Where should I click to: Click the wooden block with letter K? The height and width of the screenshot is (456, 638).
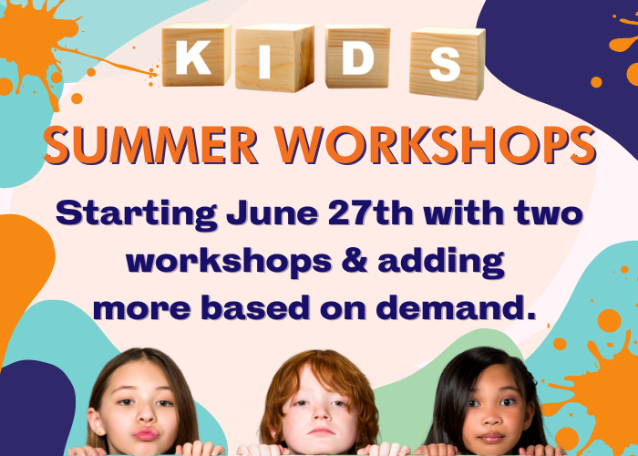click(x=196, y=55)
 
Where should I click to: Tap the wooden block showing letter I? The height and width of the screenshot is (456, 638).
click(x=274, y=58)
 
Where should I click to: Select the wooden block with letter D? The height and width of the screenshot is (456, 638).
click(x=357, y=57)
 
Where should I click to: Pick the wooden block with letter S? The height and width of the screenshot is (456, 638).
click(x=448, y=63)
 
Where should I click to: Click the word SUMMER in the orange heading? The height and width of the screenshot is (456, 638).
click(x=151, y=145)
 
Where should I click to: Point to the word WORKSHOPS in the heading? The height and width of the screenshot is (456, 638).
click(x=436, y=145)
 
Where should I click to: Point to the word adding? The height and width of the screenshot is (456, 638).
click(x=441, y=263)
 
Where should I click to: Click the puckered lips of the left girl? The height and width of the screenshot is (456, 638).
click(x=146, y=434)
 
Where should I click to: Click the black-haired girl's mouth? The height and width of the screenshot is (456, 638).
click(x=492, y=438)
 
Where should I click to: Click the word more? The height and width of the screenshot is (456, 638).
click(x=142, y=309)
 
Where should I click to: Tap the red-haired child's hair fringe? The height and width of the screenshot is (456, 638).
click(x=315, y=370)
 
